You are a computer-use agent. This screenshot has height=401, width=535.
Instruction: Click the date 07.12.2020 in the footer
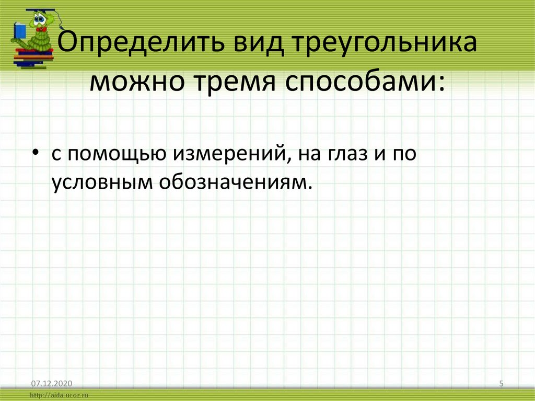coord(45,384)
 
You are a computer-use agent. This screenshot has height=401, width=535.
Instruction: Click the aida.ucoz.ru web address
coord(61,396)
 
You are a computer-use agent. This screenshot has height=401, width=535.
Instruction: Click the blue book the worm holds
coord(18,31)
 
